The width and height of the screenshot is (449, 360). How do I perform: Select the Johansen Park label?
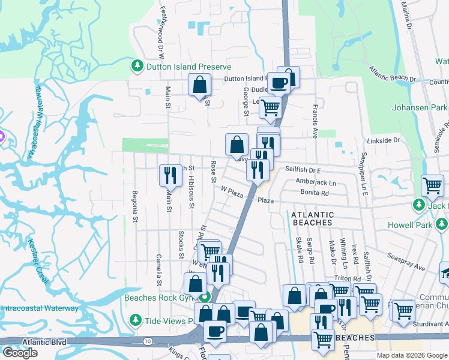[x=420, y=108]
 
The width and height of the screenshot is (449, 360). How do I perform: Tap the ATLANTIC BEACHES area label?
[x=312, y=218]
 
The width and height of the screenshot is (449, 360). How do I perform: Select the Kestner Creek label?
[x=38, y=260]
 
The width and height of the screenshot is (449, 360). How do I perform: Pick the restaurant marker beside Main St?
[x=170, y=175]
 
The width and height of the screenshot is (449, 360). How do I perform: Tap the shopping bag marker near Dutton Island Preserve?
[x=199, y=85]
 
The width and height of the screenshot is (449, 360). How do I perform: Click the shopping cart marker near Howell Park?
[x=432, y=185]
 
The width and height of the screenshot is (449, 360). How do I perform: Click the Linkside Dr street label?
[x=383, y=140]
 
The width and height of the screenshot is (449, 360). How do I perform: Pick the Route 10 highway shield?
[x=147, y=341]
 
